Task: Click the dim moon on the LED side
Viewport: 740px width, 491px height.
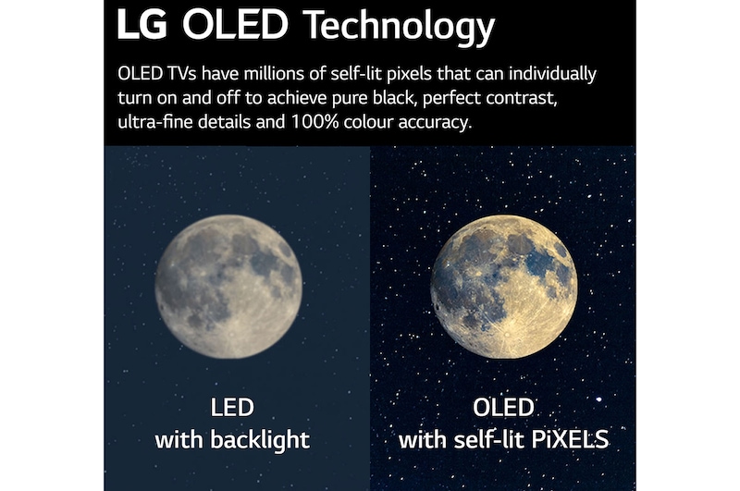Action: tap(227, 287)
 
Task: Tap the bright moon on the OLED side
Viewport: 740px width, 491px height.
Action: tap(503, 287)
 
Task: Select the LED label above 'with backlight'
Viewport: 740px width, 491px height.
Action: tap(232, 408)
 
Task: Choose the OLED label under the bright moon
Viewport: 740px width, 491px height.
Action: tap(503, 408)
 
